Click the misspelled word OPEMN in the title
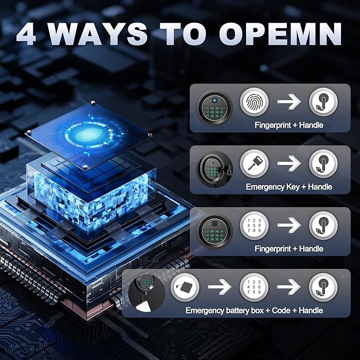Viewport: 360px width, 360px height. [x=280, y=34]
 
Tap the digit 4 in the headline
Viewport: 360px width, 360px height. [x=27, y=34]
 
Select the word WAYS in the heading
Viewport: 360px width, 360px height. [x=98, y=34]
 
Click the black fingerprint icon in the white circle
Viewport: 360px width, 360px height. [x=254, y=102]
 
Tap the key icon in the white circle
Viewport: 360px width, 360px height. [x=254, y=163]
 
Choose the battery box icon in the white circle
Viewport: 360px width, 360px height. [x=185, y=287]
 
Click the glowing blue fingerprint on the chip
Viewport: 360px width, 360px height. [x=89, y=134]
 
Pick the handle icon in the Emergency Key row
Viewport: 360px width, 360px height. [x=323, y=164]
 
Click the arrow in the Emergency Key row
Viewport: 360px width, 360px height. [x=289, y=163]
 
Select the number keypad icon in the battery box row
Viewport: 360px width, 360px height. [x=254, y=287]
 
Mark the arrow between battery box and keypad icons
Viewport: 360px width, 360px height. [x=219, y=287]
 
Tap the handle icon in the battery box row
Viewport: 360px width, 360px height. [x=323, y=287]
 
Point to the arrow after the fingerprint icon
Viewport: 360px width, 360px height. [x=289, y=101]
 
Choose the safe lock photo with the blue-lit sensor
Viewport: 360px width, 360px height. [x=214, y=108]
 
